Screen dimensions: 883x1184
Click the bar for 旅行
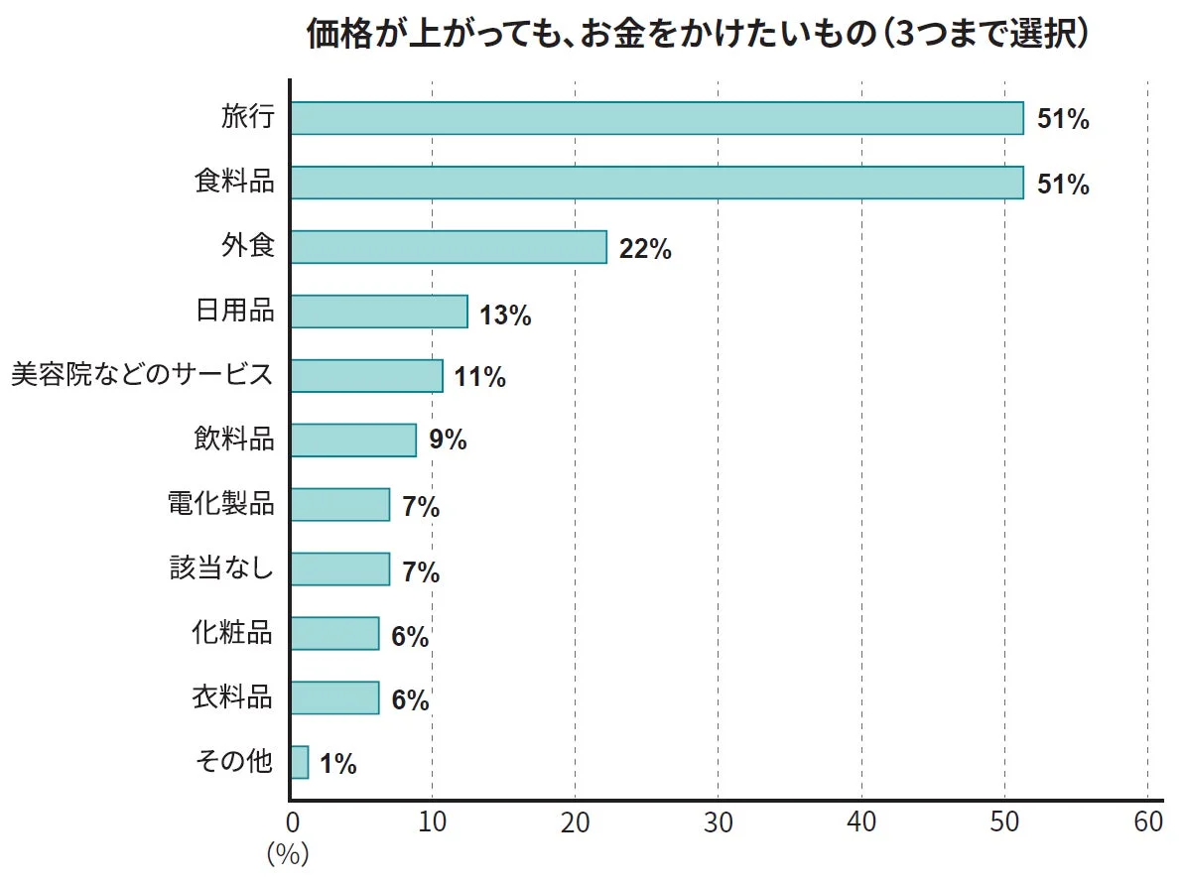(x=657, y=118)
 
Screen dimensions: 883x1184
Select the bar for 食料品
(x=657, y=183)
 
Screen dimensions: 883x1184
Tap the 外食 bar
(x=449, y=247)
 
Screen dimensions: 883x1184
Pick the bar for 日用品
(x=379, y=312)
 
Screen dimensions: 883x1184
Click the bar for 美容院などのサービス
(x=367, y=376)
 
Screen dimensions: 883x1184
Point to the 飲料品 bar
(x=353, y=441)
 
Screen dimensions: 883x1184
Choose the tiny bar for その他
(x=300, y=763)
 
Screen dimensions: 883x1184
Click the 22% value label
(x=645, y=250)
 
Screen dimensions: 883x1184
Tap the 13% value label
(x=505, y=315)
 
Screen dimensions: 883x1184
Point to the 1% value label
(x=338, y=764)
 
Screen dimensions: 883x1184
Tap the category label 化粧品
(x=232, y=632)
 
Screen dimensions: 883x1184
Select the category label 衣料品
(x=232, y=696)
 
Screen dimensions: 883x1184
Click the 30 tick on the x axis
(x=719, y=822)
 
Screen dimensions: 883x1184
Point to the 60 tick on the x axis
(x=1147, y=822)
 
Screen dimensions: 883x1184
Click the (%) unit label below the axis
(x=288, y=854)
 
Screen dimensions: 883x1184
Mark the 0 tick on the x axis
(x=292, y=822)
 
